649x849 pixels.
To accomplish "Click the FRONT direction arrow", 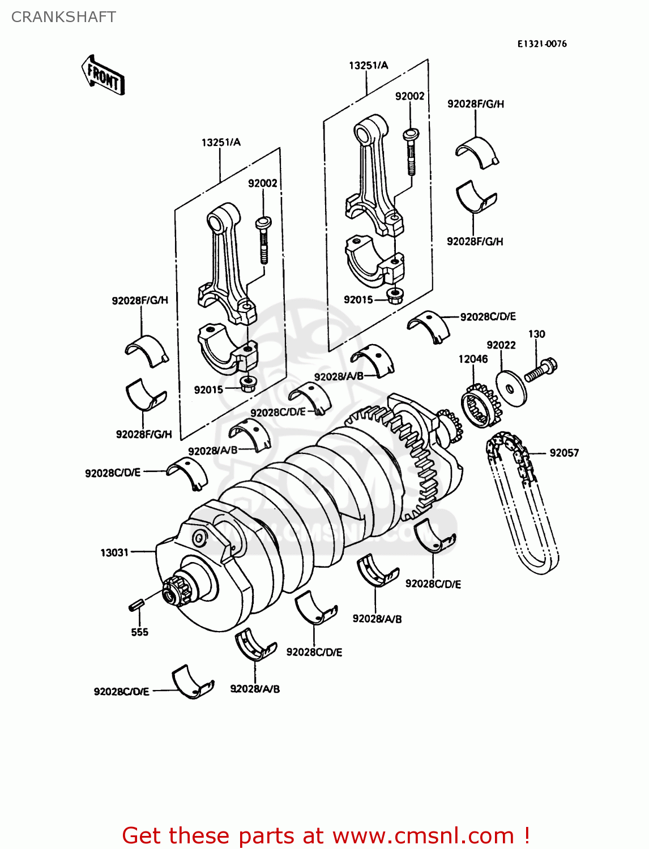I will click(103, 75).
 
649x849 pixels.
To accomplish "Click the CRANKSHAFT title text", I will click(63, 17).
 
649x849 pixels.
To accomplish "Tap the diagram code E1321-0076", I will click(541, 44).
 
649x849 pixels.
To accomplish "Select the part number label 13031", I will click(114, 552).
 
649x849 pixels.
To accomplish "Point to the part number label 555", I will click(139, 632).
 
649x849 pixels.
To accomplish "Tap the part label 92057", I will click(564, 453).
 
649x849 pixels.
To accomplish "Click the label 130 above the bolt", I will click(536, 334).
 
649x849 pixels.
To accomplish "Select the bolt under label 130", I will click(541, 370).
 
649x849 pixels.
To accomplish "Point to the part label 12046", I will click(473, 359).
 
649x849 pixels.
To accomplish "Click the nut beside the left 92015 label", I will click(248, 384).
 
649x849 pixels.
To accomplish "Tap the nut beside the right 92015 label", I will click(396, 295).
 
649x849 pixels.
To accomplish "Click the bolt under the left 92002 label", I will click(263, 239).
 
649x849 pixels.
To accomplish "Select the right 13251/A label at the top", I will click(368, 66).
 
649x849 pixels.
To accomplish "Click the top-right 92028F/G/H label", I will click(475, 104).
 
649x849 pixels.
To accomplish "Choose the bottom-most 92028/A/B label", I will click(255, 689).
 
